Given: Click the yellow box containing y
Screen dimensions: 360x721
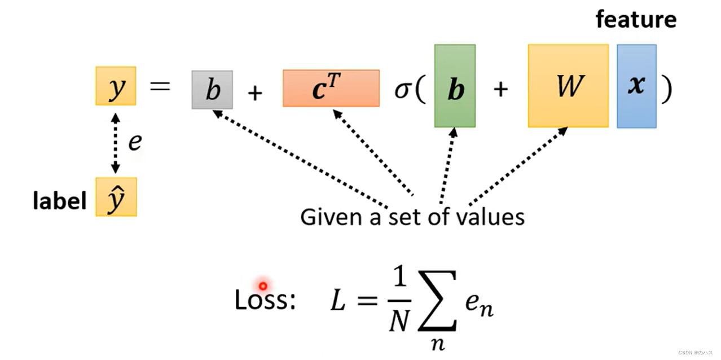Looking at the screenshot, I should [116, 86].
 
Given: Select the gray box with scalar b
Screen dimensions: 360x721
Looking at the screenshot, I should [212, 89].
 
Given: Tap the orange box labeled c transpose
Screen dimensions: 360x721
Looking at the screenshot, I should [331, 88].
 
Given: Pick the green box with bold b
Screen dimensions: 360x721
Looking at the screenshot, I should [455, 86].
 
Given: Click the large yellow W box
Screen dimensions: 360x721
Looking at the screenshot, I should [568, 85].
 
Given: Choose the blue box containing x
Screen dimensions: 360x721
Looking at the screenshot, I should [636, 86].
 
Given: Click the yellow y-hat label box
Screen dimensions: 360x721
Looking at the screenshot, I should [116, 197].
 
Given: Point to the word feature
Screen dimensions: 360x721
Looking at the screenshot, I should [636, 20].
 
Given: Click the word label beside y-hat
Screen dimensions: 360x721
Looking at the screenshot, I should [59, 201].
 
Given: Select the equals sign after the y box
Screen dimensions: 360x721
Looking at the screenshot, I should [160, 87].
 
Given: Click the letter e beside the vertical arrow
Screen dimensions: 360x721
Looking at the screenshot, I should [134, 142].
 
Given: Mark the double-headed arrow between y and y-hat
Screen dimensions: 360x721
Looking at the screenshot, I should [115, 142].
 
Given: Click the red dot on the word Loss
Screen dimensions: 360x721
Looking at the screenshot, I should [262, 286].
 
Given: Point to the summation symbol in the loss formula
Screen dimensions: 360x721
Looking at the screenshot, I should [437, 309].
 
